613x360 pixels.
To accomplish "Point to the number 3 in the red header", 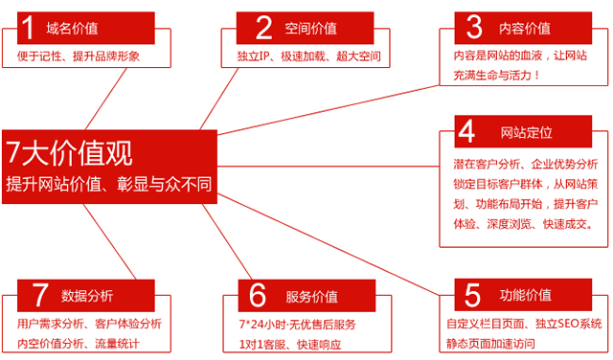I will tap(474, 26).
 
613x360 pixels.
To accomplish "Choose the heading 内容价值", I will tap(525, 28).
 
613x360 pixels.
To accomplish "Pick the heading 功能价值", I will tap(526, 294).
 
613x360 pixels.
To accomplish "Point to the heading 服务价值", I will tap(311, 296).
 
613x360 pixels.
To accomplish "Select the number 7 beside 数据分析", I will tap(40, 293).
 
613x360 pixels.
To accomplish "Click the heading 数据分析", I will tap(87, 295).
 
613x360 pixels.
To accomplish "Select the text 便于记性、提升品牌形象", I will tap(79, 56).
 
